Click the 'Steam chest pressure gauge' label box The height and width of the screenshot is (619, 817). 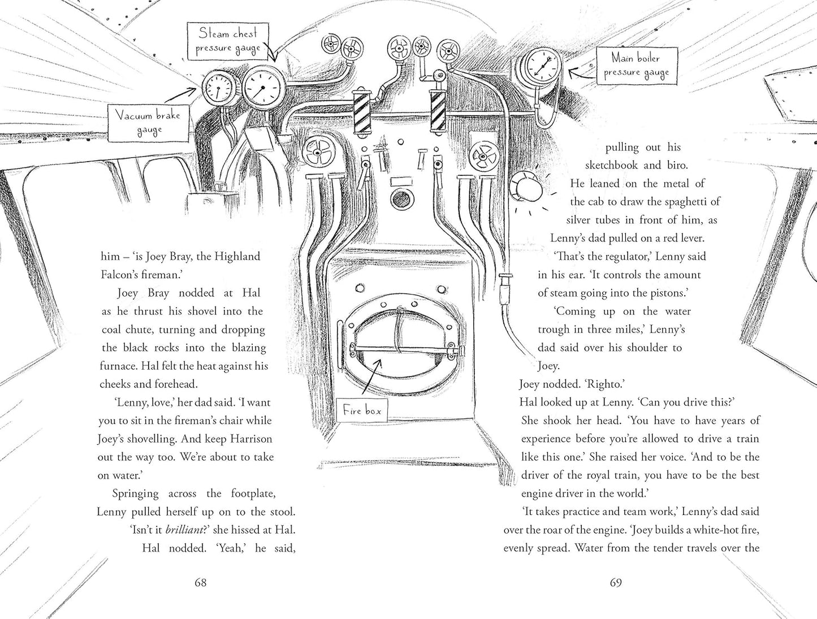(x=228, y=41)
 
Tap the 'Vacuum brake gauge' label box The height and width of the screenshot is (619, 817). (x=149, y=123)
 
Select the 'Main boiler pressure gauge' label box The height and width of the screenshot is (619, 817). (x=637, y=66)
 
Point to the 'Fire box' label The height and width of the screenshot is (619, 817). (x=362, y=410)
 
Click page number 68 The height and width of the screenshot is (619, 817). (x=201, y=582)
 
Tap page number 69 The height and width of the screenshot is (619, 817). (x=616, y=582)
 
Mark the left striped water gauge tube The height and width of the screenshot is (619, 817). (x=361, y=112)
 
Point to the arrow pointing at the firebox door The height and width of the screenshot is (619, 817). (x=371, y=375)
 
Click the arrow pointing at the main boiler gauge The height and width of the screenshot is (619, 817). (x=582, y=73)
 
